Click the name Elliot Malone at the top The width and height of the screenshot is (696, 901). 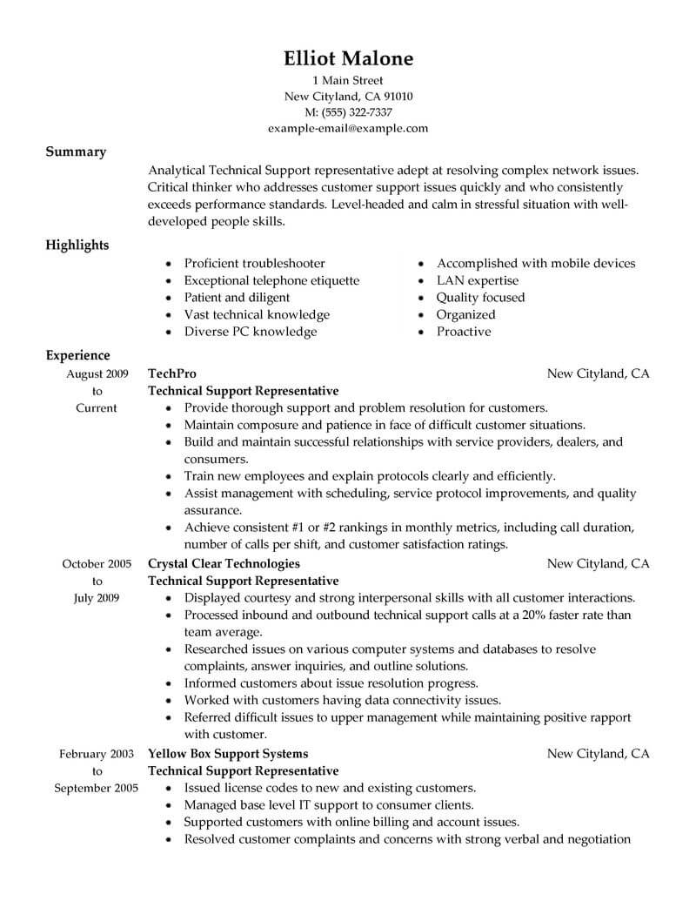(x=348, y=58)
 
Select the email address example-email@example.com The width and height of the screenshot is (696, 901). (x=348, y=128)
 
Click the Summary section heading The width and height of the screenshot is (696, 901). (x=76, y=151)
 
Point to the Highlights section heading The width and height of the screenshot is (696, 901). (x=77, y=245)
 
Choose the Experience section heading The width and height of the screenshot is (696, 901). (x=77, y=355)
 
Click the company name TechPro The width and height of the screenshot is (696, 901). (x=173, y=373)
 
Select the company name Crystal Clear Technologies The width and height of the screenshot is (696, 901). (x=224, y=563)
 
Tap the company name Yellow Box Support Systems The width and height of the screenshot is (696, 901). (x=229, y=753)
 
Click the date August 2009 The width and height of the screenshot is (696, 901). (x=97, y=373)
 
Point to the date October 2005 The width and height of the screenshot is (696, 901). (x=97, y=563)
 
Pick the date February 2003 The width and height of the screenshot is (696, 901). (x=97, y=753)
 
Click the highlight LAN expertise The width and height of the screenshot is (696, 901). (x=477, y=280)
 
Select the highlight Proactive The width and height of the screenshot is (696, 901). (x=464, y=332)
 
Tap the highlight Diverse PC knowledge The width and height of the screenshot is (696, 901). (x=251, y=332)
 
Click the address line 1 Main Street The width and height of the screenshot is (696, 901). (x=348, y=80)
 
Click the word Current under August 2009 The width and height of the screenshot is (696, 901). (x=97, y=407)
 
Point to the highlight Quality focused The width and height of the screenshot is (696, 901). (x=480, y=298)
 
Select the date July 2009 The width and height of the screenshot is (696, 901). (x=97, y=597)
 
